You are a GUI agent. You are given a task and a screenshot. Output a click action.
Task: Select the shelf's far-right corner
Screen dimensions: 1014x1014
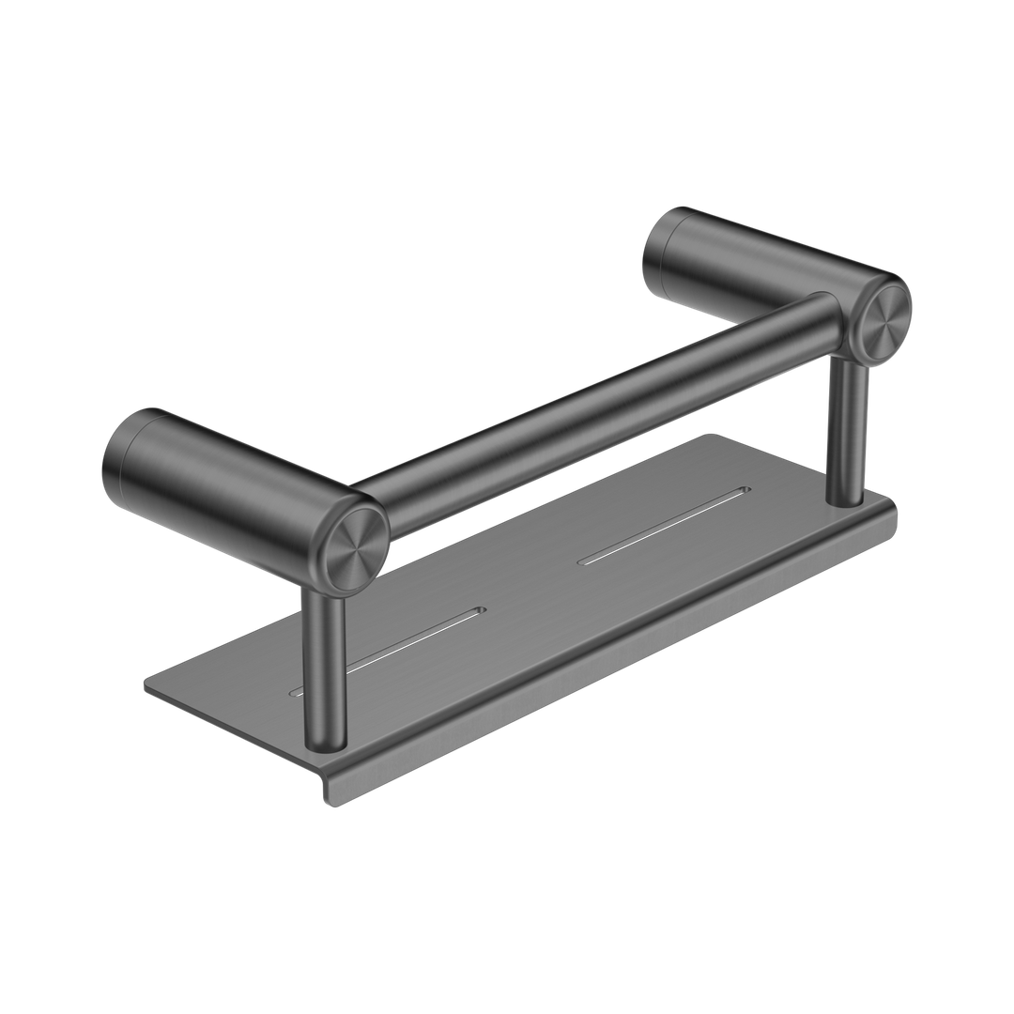tap(892, 512)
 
